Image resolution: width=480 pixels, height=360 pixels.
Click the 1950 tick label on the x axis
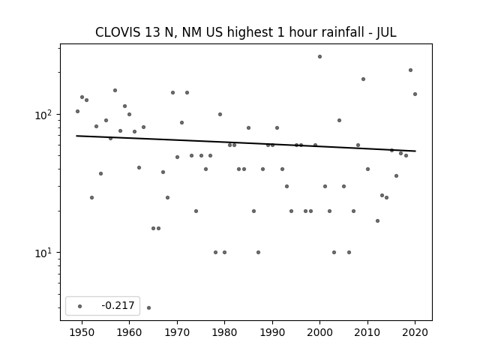82,332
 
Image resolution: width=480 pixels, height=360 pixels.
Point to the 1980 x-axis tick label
224,332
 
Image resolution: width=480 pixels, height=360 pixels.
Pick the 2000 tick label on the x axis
319,332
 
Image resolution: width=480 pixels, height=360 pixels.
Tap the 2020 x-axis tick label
415,332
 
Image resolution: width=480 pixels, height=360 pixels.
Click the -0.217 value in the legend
118,305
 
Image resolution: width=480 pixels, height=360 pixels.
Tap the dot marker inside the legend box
79,306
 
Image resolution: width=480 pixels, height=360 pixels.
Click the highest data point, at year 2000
319,57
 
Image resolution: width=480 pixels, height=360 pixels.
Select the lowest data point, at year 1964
148,307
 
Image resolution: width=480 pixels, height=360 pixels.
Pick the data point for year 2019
410,70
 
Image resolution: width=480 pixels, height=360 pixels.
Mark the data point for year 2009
363,79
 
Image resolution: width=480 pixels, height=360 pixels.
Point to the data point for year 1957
115,90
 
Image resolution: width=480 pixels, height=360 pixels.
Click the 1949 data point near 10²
77,111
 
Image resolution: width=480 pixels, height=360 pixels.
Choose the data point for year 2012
377,220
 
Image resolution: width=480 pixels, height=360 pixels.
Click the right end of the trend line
415,151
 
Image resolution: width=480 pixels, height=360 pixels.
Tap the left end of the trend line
76,136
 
